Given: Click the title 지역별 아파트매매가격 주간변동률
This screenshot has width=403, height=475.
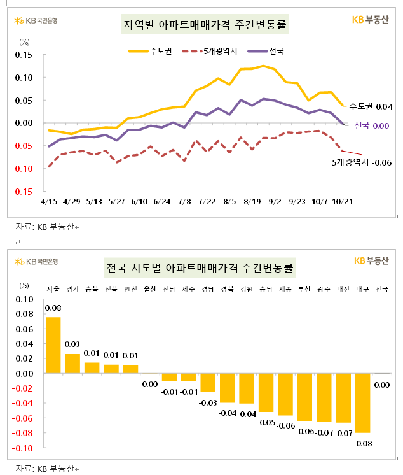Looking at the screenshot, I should pos(204,25).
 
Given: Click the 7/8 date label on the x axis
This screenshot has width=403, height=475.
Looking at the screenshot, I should pos(184,201).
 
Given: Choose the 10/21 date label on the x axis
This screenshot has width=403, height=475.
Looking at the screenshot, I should pos(343,201).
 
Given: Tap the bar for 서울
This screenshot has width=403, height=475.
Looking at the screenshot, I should pos(53,345).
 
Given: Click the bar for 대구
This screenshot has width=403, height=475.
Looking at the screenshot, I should pos(362,403).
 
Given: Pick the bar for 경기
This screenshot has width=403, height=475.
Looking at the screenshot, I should pos(72,364).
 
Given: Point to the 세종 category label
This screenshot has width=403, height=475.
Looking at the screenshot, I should pos(285,288).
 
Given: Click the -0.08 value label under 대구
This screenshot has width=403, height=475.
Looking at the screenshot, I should pos(362,443).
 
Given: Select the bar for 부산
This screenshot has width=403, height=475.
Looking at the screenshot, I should pos(304,397).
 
